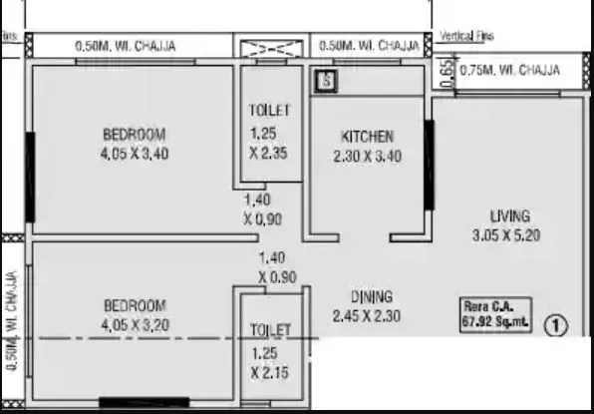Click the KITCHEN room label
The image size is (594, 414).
click(x=367, y=137)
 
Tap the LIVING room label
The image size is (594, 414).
click(x=509, y=215)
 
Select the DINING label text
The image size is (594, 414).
click(x=371, y=296)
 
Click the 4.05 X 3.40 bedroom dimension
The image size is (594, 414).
click(x=134, y=155)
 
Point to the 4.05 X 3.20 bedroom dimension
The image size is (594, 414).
click(x=134, y=324)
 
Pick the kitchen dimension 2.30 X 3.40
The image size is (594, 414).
click(x=367, y=156)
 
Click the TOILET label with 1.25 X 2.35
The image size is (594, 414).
click(x=269, y=110)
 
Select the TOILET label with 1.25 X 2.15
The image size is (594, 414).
click(x=269, y=329)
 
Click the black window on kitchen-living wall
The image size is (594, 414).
click(x=429, y=166)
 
